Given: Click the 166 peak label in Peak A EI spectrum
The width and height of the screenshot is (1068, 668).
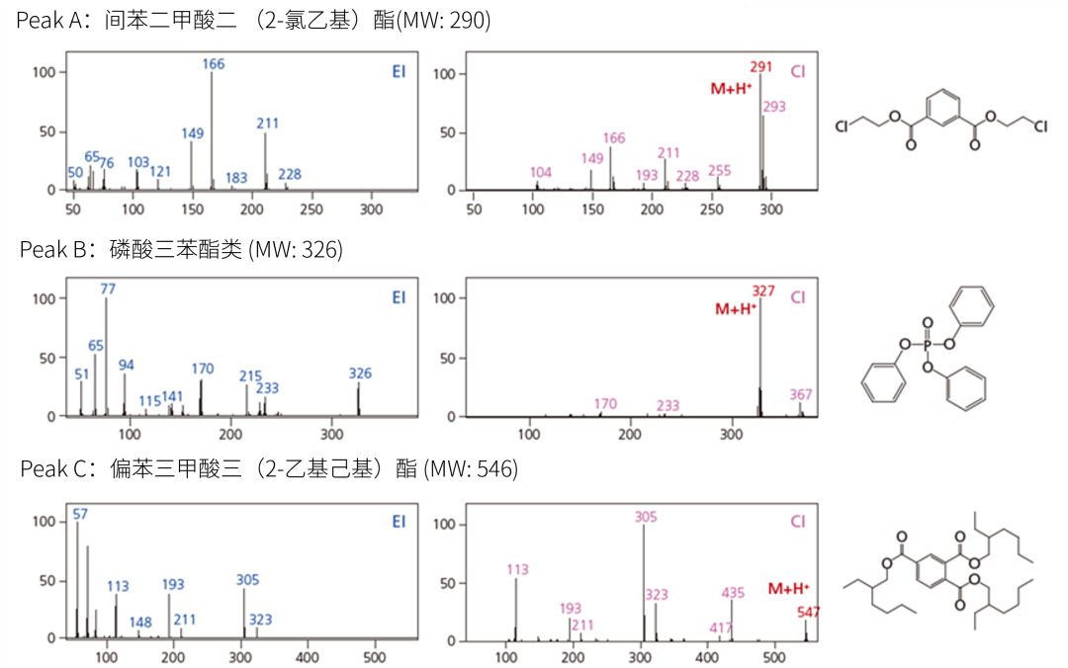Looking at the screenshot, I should point(214,64).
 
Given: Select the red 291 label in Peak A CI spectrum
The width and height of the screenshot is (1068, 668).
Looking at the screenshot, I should point(760,66).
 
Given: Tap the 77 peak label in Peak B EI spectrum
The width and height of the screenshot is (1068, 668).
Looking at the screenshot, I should point(108,289).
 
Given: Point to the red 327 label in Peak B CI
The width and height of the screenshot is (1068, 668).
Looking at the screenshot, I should point(763,292).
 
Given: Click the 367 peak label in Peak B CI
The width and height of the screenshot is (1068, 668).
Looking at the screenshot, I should point(802,394).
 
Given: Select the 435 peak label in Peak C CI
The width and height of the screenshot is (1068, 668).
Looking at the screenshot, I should point(733,593).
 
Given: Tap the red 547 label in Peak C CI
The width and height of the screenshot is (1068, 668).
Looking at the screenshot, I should point(808,612).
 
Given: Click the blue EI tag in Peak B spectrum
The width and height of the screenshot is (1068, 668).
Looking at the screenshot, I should point(399,297).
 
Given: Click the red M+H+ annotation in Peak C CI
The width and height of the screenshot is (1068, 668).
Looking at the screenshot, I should point(789,589).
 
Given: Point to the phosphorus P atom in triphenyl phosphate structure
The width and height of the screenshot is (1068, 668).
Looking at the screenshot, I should point(927,347).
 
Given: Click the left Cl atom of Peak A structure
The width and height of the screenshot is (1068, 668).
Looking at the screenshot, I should point(841,126).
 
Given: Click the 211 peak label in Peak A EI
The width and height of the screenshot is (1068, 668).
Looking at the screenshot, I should point(267,124).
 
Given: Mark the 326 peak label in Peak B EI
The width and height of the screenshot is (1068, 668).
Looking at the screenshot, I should point(360,374).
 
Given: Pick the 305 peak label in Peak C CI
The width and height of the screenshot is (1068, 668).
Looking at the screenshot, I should point(645,517).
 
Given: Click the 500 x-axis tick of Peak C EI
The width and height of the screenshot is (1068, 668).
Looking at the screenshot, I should point(375,657).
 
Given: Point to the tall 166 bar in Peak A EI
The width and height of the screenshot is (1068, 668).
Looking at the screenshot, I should point(212,128).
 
